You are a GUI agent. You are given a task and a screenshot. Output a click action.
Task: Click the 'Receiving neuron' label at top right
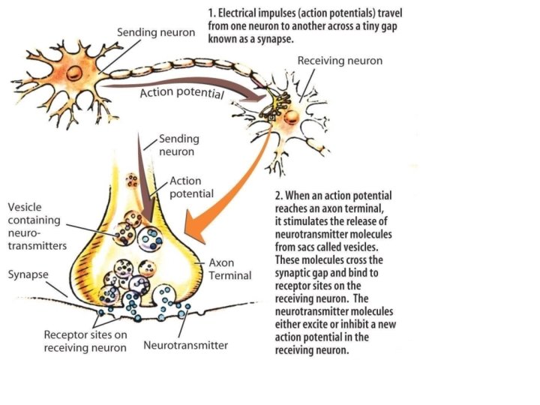pos(340,61)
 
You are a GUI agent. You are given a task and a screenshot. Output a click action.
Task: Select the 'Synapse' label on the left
pos(28,274)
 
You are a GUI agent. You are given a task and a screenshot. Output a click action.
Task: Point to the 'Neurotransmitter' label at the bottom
pos(185,346)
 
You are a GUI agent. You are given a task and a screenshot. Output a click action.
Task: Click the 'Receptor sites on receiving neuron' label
pos(85,340)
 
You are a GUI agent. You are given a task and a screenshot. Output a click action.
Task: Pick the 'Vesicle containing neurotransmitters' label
pos(37,225)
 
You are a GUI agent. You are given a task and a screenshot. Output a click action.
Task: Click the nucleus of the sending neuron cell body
pos(74,73)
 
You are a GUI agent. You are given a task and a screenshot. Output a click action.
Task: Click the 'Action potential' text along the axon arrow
pos(182,94)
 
